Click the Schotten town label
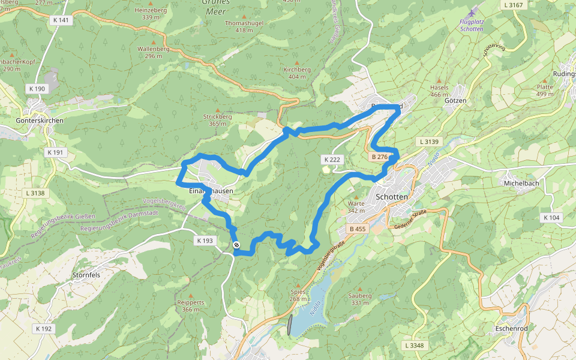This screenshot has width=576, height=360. tap(391, 197)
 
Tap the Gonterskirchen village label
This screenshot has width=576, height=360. tap(40, 121)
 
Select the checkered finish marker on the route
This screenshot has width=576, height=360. tap(236, 245)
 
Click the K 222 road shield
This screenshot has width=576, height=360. tap(332, 160)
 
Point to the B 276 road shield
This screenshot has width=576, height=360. tap(380, 157)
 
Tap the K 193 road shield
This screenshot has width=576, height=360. tap(205, 241)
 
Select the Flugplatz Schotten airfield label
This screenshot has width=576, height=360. tap(471, 25)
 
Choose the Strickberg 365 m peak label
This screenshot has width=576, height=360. tap(217, 119)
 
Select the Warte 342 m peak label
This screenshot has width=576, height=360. tap(356, 207)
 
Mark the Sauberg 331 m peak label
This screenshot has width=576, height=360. tap(360, 299)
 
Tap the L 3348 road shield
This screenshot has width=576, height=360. tap(414, 346)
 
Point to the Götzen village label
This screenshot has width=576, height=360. tap(455, 101)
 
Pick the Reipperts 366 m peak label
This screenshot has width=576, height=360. tap(191, 306)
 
